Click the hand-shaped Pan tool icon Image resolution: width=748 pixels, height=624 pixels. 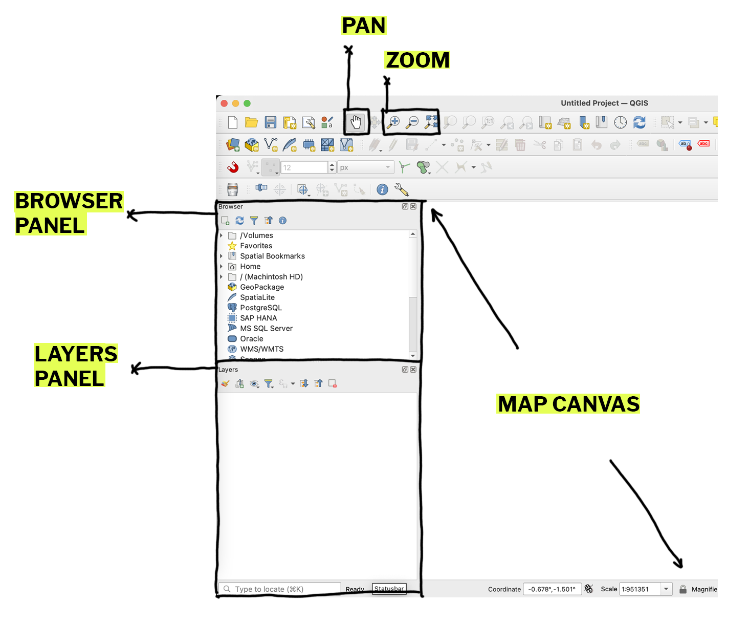[x=356, y=122]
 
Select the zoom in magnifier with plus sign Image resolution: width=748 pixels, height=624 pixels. [x=393, y=122]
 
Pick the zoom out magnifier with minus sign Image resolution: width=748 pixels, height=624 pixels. [x=412, y=122]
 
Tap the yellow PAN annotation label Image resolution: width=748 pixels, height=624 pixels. [x=363, y=25]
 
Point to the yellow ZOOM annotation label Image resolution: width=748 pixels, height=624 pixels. [x=417, y=60]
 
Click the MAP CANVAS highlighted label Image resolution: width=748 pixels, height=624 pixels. [x=568, y=404]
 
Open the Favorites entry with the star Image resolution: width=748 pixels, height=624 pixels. [x=256, y=246]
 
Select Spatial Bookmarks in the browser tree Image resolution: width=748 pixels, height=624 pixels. [x=272, y=256]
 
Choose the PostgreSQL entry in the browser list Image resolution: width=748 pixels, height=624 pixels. [x=261, y=308]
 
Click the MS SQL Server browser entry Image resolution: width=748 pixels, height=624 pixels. [x=266, y=328]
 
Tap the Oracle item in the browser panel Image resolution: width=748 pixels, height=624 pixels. [x=252, y=338]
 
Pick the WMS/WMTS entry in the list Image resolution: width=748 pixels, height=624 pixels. [x=261, y=349]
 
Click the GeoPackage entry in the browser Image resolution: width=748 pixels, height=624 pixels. [x=262, y=287]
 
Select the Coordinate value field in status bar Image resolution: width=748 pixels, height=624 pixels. [x=552, y=589]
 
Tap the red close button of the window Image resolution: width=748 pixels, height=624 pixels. [x=224, y=103]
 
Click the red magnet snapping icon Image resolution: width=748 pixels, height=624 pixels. [x=233, y=167]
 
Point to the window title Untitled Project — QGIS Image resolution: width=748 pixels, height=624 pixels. [x=604, y=103]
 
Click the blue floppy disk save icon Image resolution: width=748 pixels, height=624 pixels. [x=270, y=122]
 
